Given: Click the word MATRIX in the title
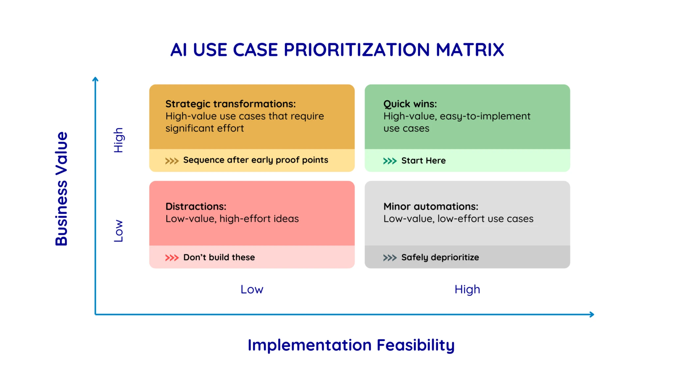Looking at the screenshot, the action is click(470, 50).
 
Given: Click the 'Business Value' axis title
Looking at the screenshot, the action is click(62, 189).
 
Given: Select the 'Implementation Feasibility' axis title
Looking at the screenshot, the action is click(351, 345).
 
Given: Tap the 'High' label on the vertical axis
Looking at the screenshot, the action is click(118, 140).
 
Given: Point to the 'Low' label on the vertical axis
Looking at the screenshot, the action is click(118, 231).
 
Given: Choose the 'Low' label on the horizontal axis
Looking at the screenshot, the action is click(252, 290).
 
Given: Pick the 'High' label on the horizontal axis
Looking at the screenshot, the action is click(467, 290).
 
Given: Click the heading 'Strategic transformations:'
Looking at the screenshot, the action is click(231, 104).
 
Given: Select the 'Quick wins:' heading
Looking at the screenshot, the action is click(410, 104).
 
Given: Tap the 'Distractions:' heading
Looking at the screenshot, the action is click(196, 207).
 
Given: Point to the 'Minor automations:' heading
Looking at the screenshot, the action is click(431, 207).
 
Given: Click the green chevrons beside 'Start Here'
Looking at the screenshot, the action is click(390, 161).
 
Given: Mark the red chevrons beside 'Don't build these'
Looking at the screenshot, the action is click(172, 258).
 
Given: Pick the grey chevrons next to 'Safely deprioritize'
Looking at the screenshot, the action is click(390, 258).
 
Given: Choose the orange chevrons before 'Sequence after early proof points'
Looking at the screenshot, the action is click(172, 161).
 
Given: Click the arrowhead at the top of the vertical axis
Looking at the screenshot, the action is click(95, 79).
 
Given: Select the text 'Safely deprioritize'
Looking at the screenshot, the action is click(440, 257).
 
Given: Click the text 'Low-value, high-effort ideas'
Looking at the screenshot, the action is click(232, 219).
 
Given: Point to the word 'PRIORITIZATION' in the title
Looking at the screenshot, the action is click(357, 50).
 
